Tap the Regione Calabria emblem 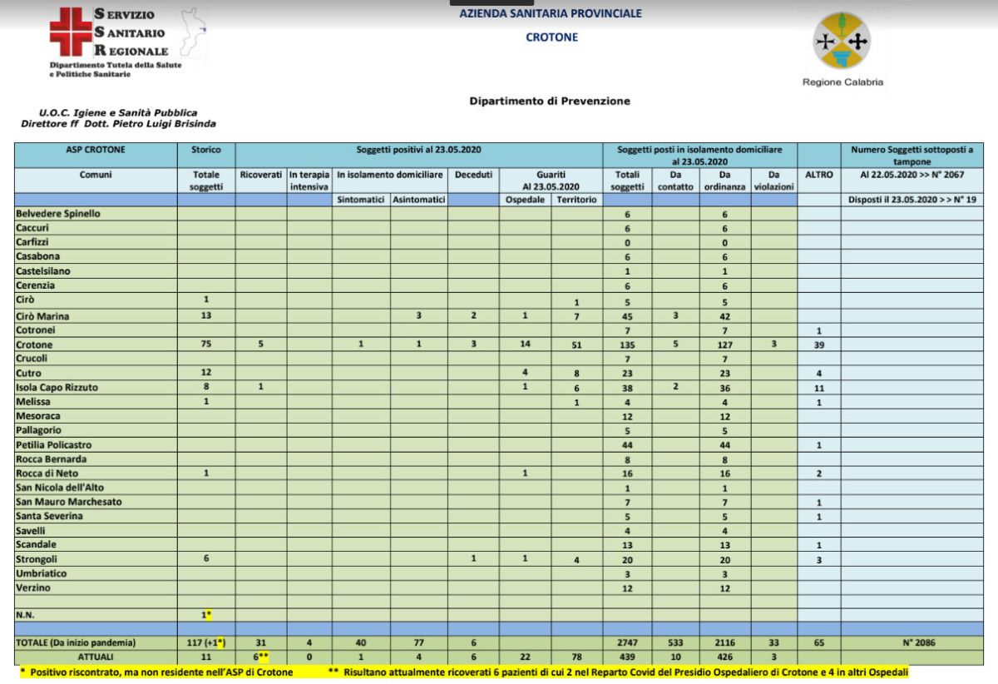[x=842, y=42]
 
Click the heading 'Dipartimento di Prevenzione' [x=550, y=102]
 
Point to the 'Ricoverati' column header [x=261, y=176]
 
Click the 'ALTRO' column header [x=818, y=176]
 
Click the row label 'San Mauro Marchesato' [x=69, y=502]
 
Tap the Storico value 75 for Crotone [x=206, y=344]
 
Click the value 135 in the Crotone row [x=627, y=344]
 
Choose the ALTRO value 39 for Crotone [x=818, y=344]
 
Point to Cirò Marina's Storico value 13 [x=206, y=316]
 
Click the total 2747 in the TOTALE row [x=627, y=643]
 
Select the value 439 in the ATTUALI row [x=627, y=657]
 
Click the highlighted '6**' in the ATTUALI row [x=261, y=657]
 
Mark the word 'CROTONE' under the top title [x=551, y=37]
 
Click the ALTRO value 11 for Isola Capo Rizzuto [x=818, y=387]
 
